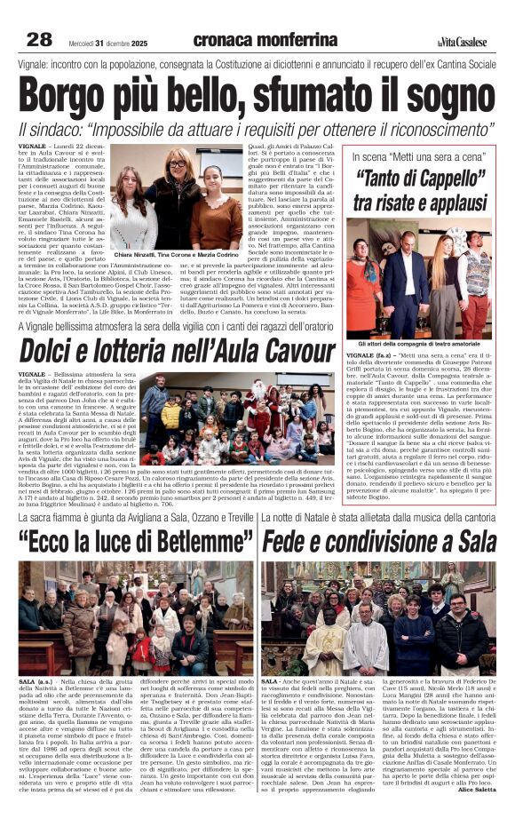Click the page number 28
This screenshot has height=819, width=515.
38,38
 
